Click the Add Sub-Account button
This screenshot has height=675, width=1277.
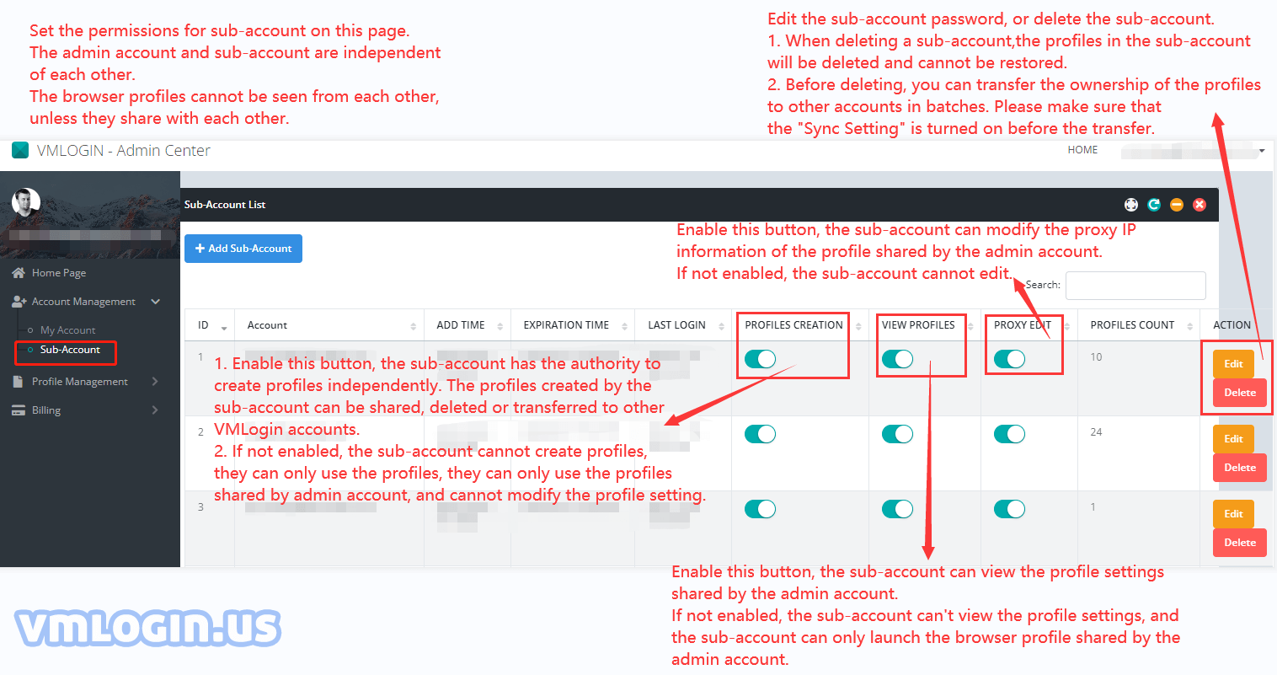point(243,249)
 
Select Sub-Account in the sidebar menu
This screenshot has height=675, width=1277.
point(70,350)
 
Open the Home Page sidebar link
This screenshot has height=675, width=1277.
point(58,273)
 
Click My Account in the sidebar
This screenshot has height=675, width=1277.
point(67,330)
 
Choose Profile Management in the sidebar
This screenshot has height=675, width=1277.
point(79,382)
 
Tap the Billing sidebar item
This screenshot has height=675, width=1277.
point(46,410)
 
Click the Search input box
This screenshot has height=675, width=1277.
point(1135,286)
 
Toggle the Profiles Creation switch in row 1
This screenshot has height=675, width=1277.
point(760,360)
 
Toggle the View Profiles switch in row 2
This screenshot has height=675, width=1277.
point(897,434)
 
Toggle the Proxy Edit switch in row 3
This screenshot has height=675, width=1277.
point(1009,509)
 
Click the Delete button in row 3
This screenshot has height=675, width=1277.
point(1239,543)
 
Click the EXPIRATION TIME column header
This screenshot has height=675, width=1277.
point(566,325)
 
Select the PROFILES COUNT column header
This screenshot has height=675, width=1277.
point(1132,325)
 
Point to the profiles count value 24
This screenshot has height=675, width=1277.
point(1096,432)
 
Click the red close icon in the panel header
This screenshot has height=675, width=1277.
point(1200,205)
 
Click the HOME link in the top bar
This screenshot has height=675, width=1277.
point(1082,150)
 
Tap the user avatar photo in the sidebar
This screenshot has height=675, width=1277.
point(26,202)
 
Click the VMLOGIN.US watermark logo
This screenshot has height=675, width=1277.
point(147,629)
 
